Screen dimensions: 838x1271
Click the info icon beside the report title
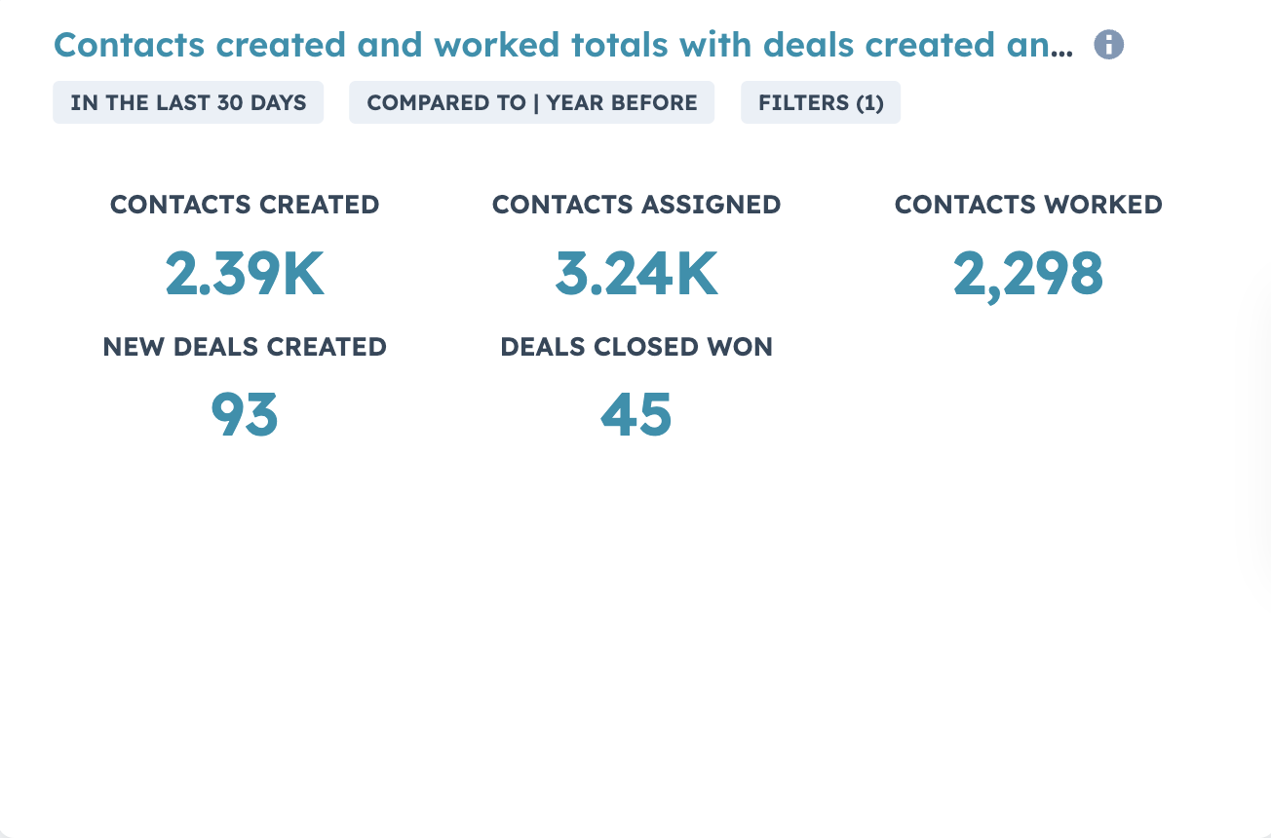[x=1108, y=45]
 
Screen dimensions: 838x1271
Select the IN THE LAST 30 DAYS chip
[x=188, y=102]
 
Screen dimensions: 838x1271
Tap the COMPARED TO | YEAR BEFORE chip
[x=531, y=102]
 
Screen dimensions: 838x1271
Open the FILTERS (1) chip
[x=821, y=102]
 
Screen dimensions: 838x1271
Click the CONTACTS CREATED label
[x=245, y=205]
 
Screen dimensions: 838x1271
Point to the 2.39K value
[x=245, y=274]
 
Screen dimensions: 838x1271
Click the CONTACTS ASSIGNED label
[x=636, y=205]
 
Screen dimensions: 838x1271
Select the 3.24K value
[x=636, y=274]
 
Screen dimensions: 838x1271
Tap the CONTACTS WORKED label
[x=1028, y=205]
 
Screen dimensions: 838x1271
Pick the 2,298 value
[x=1028, y=274]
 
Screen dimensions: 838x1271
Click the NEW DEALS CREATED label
[x=245, y=347]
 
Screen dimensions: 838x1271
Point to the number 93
[x=245, y=415]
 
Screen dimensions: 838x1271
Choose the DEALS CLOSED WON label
[x=636, y=347]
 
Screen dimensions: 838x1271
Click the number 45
[x=636, y=415]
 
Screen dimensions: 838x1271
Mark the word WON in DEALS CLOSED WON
[x=744, y=347]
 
